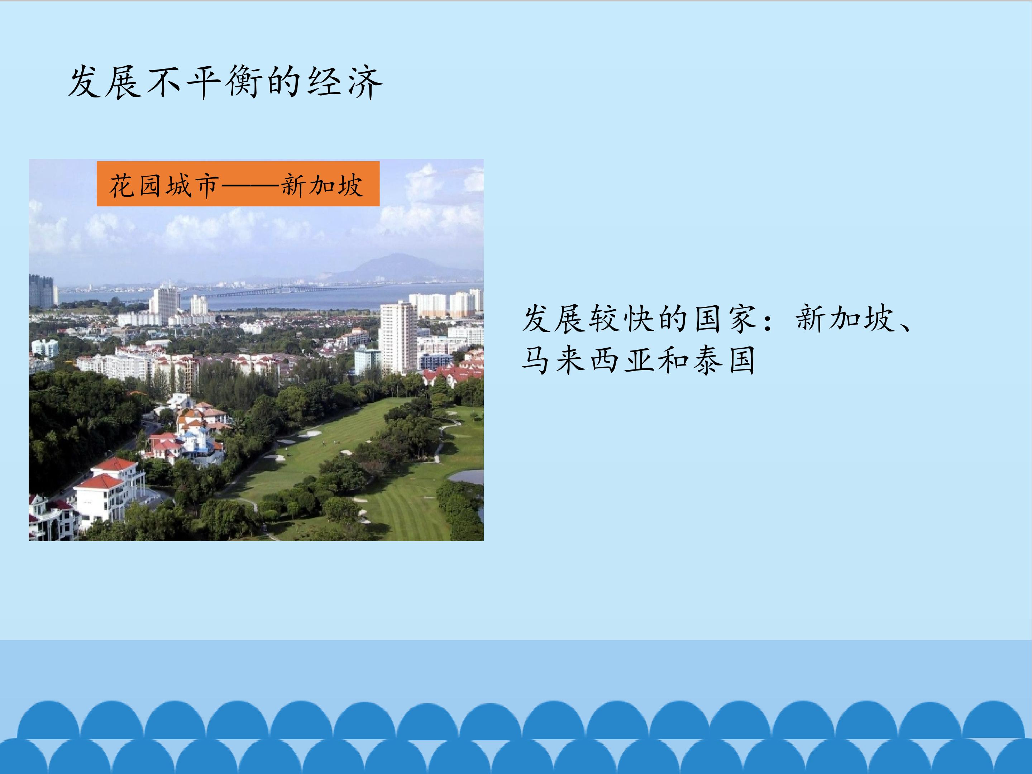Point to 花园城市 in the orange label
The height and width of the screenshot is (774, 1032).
tap(164, 185)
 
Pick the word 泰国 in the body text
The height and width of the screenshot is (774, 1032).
tap(723, 360)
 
